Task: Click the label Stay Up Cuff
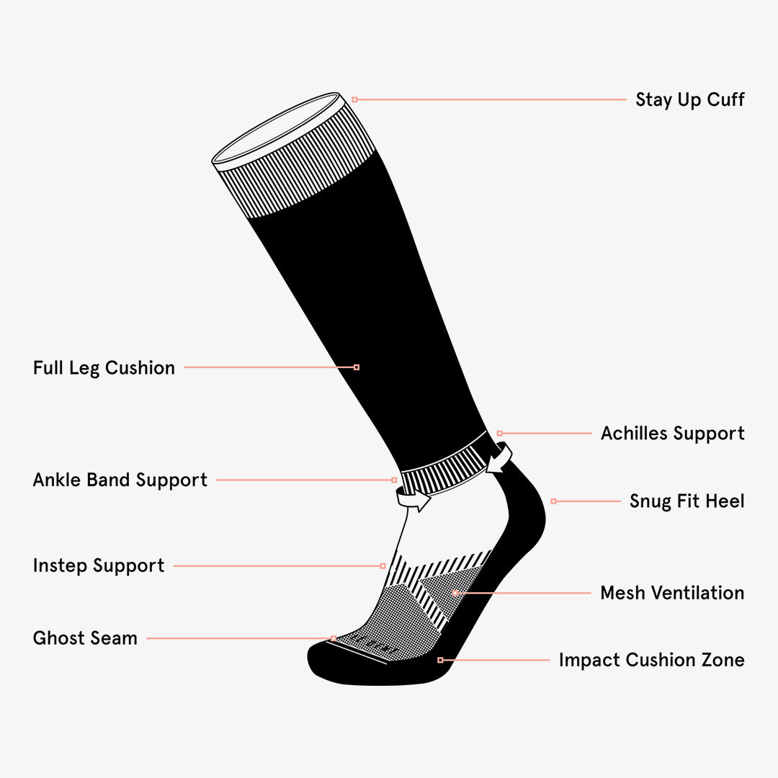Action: tap(689, 100)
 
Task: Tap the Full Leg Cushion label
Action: tap(104, 368)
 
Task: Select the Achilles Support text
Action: tap(672, 434)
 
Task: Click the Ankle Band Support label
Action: tap(120, 480)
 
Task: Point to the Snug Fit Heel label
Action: tap(687, 501)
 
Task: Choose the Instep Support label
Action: tap(99, 566)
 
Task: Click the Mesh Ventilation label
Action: tap(671, 594)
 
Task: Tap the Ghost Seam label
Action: tap(85, 638)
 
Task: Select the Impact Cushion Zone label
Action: tap(651, 661)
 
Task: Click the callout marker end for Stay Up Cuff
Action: tap(354, 99)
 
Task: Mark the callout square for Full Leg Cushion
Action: tap(357, 367)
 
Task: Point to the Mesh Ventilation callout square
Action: tap(455, 593)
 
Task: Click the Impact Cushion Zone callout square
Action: tap(440, 660)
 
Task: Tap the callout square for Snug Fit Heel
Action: tap(553, 501)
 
